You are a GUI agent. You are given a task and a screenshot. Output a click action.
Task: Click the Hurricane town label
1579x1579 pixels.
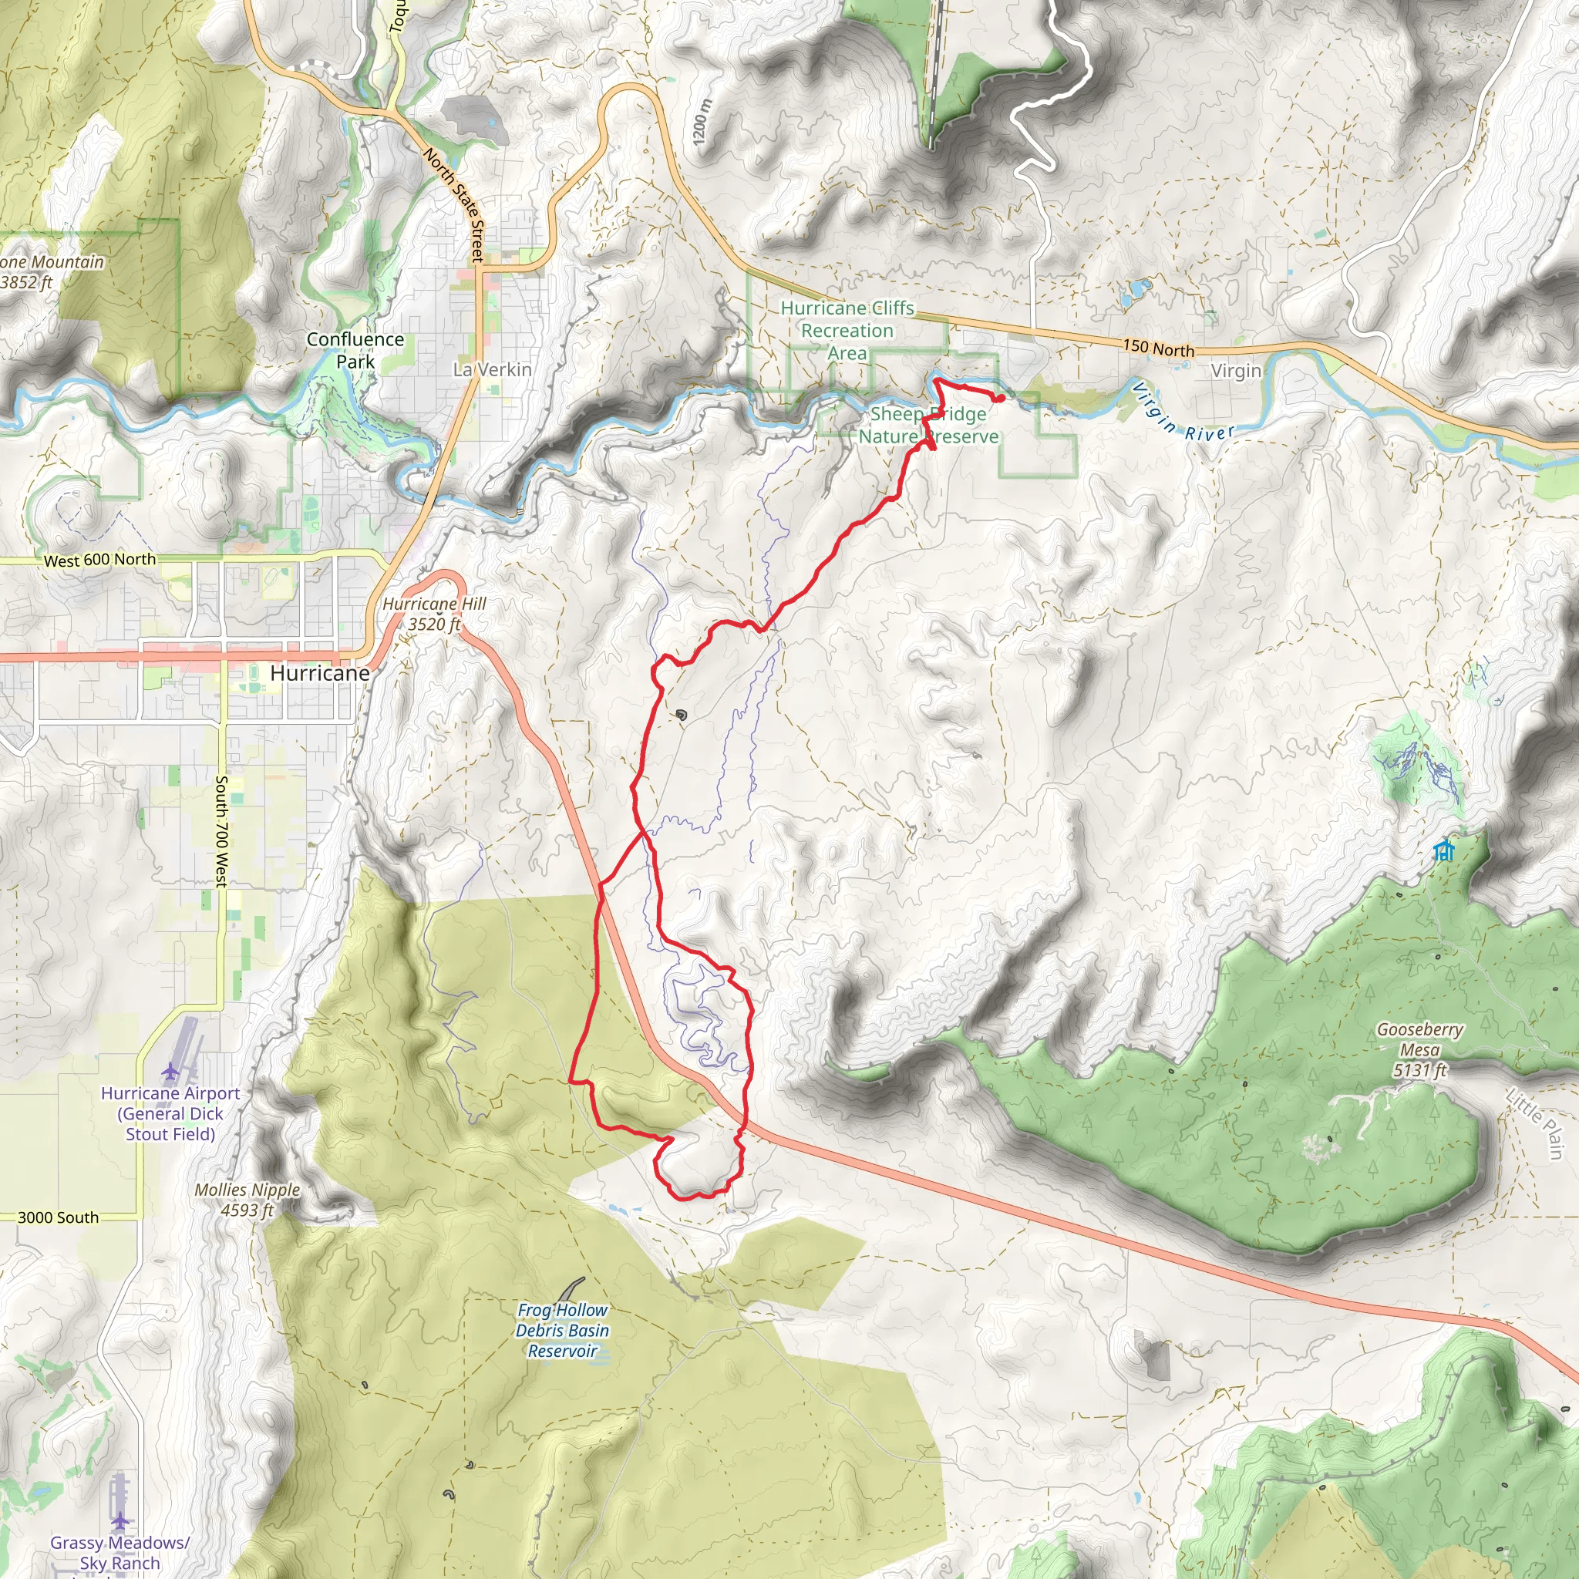tap(319, 672)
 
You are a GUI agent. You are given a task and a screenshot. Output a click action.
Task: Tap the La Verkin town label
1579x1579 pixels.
tap(492, 369)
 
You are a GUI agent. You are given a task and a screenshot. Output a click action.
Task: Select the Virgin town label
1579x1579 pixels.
tap(1235, 371)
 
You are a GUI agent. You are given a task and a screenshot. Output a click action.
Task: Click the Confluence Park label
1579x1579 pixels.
tap(355, 350)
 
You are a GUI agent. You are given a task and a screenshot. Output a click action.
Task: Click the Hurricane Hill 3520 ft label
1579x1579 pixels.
tap(434, 614)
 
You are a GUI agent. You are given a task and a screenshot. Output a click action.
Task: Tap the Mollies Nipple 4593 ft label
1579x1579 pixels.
tap(247, 1200)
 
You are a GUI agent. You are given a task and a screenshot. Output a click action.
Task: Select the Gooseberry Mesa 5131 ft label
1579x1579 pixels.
tap(1419, 1049)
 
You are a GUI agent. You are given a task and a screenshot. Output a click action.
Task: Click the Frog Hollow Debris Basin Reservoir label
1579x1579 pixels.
tap(561, 1331)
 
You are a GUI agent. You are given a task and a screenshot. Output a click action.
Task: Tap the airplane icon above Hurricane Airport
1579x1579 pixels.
tap(169, 1071)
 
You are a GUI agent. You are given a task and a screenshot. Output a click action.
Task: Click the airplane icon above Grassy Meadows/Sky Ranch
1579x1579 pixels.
tap(120, 1521)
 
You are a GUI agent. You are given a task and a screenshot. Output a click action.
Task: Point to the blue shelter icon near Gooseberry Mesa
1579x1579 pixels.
tap(1444, 851)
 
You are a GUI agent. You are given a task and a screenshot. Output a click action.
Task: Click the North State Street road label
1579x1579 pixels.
tap(454, 204)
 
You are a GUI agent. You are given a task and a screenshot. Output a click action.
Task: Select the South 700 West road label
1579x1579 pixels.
tap(221, 830)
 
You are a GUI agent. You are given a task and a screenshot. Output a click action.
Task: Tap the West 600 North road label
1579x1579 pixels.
tap(99, 560)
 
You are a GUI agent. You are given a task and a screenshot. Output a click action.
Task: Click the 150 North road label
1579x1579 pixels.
tap(1158, 348)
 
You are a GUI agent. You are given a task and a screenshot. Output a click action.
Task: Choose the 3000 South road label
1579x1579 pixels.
tap(58, 1217)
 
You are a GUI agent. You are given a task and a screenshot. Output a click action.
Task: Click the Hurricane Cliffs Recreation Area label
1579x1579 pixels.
tap(847, 330)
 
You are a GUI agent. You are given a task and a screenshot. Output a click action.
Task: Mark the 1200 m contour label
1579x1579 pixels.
tap(702, 123)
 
